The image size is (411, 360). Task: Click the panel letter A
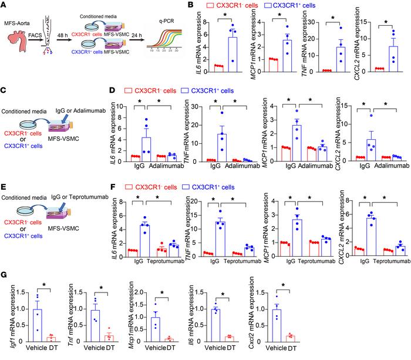5,5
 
